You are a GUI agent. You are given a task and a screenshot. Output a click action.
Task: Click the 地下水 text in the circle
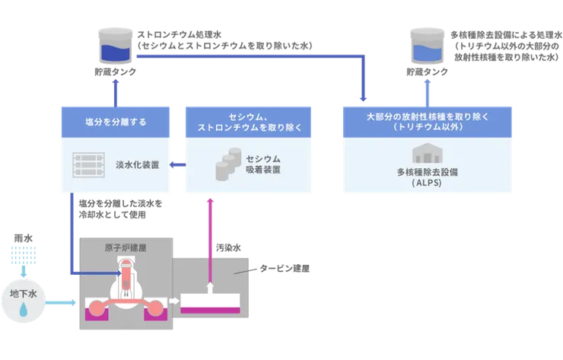tap(24, 291)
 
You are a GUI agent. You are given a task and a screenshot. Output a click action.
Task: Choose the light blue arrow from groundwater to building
tap(61, 302)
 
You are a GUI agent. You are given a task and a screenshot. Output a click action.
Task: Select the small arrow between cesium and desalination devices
tap(177, 164)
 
